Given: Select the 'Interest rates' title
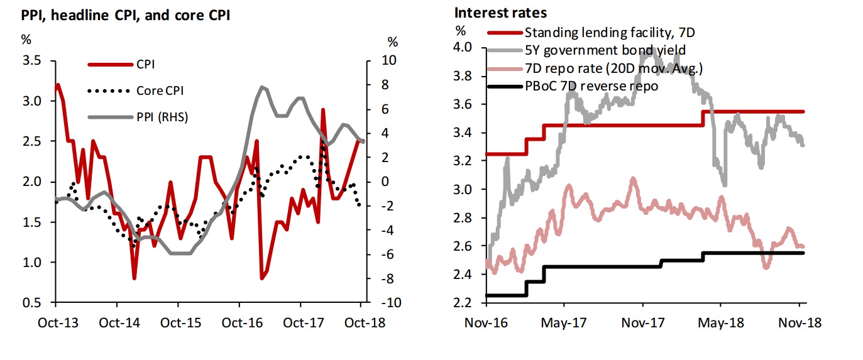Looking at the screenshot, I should point(500,13).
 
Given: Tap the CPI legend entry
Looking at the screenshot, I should point(146,64).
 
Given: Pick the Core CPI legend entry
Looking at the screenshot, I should point(160,90).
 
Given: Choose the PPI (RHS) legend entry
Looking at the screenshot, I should point(162,117).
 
